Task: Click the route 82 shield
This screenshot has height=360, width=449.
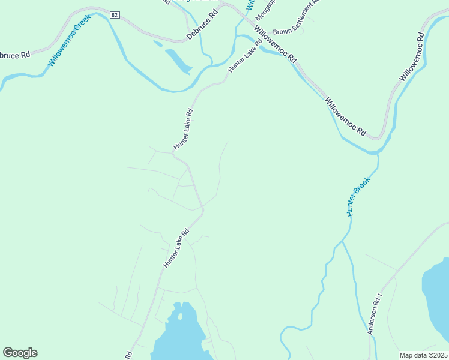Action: [114, 13]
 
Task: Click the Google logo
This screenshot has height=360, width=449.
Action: [20, 353]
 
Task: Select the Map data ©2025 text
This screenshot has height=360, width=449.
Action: [423, 355]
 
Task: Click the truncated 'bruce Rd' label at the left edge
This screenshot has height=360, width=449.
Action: [15, 55]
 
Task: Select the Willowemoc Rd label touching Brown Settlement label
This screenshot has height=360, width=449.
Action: [275, 44]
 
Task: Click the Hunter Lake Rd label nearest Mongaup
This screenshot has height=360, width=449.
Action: [245, 56]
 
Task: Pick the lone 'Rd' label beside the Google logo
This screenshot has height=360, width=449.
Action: [129, 355]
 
